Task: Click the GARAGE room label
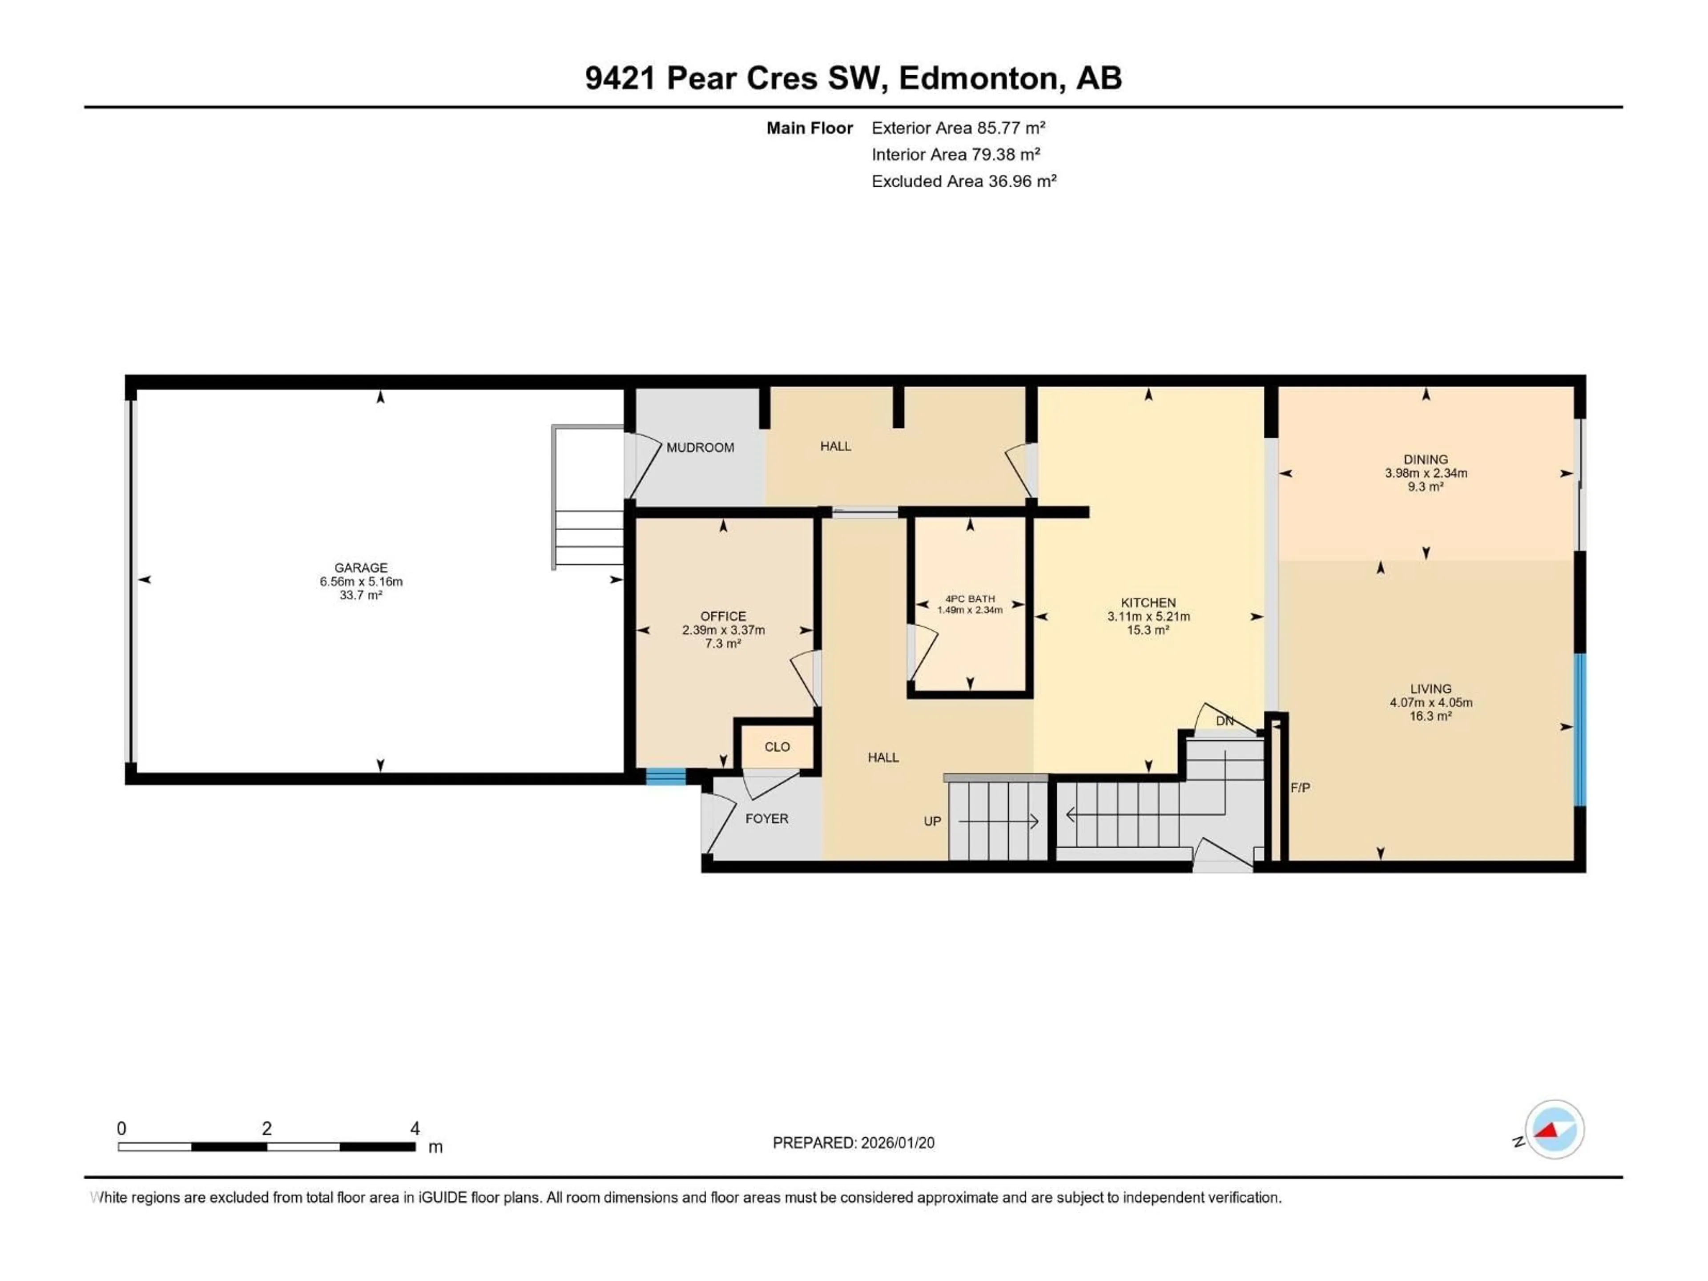point(361,568)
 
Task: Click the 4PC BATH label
point(970,598)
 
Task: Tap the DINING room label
point(1426,459)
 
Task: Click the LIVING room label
point(1430,689)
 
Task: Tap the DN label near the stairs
point(1225,721)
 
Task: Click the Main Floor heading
point(809,128)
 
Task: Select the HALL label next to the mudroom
point(835,446)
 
